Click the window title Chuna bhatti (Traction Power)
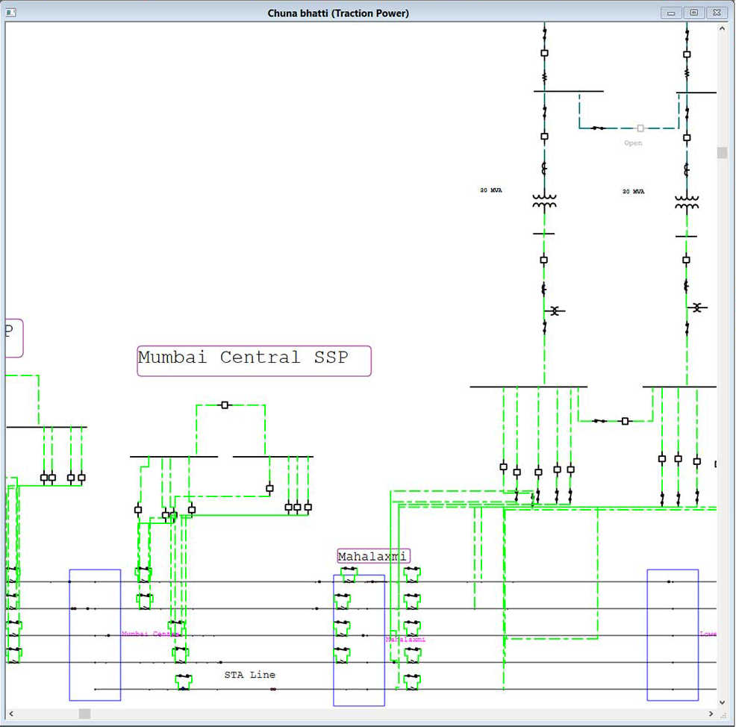338,13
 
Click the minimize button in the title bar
671,13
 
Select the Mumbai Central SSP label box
254,360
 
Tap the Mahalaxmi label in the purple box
372,556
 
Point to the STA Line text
250,675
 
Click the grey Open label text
633,143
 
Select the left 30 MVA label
491,190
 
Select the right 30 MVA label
634,192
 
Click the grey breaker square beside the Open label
640,128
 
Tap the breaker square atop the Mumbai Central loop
225,405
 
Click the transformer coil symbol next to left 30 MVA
544,202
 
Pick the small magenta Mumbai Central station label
149,634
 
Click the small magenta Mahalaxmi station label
405,640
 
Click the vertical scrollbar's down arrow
722,702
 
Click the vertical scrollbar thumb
722,153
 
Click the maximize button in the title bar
694,13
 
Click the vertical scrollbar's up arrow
722,28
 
